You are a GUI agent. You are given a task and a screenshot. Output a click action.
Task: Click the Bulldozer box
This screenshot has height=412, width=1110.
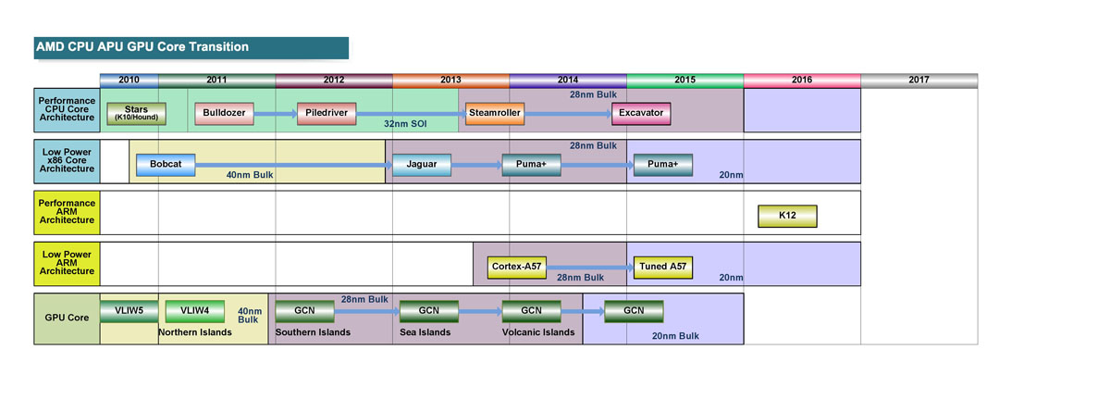click(x=225, y=113)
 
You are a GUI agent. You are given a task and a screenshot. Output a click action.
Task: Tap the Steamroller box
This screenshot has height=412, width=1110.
click(x=495, y=113)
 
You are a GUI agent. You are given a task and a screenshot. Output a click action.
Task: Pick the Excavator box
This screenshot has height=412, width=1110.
click(x=641, y=113)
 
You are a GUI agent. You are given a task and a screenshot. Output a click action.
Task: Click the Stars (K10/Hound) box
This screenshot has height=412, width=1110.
click(x=136, y=113)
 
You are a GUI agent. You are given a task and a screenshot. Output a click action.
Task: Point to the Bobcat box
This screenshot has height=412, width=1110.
click(x=166, y=165)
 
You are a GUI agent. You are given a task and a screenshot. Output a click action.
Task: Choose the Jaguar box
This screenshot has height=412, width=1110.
click(x=421, y=165)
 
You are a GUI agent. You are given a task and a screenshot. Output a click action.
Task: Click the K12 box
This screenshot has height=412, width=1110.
click(x=787, y=216)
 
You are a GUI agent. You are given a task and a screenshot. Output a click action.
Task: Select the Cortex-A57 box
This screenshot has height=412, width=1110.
click(x=517, y=267)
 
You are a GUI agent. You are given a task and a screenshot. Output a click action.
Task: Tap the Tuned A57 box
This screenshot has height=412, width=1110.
click(x=662, y=267)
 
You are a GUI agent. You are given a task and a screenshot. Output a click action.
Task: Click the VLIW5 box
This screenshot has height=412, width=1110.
click(x=129, y=311)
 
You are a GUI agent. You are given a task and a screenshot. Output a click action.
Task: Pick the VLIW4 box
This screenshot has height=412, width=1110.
click(x=194, y=311)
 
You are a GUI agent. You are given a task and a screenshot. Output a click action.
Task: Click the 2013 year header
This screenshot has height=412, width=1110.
click(x=450, y=81)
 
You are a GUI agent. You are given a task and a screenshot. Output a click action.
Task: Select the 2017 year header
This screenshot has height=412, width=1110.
click(x=919, y=81)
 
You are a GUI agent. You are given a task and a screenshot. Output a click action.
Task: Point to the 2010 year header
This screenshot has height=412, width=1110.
click(x=129, y=81)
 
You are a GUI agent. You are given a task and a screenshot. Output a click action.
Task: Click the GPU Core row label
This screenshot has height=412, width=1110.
click(x=66, y=318)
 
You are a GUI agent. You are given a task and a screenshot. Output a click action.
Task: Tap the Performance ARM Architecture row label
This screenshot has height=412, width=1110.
click(x=66, y=211)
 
